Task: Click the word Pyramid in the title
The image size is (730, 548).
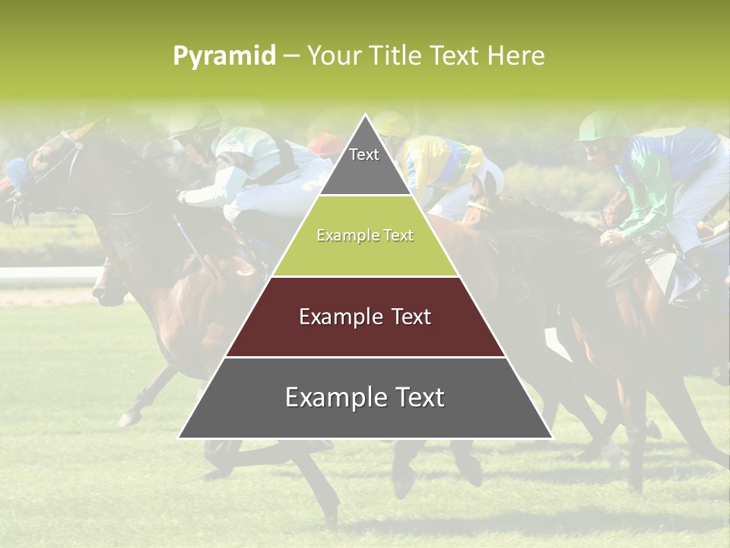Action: coord(224,56)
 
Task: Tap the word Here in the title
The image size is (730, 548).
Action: coord(516,56)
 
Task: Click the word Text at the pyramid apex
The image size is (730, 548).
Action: coord(364,155)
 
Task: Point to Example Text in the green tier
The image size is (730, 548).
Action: coord(365,236)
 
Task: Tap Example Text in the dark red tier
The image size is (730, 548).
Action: coord(365,317)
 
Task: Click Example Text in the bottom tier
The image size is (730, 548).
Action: coord(365,397)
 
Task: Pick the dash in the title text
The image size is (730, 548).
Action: coord(291,56)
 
